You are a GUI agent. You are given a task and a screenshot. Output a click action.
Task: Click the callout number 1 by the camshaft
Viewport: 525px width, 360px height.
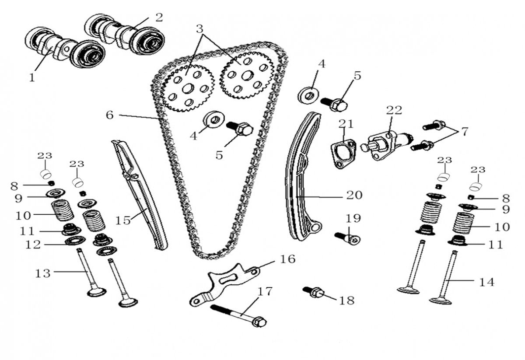(31, 77)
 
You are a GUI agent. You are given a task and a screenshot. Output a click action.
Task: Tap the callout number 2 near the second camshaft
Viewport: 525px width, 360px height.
(159, 17)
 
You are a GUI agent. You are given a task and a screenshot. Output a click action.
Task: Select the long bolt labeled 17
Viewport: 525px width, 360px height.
(238, 315)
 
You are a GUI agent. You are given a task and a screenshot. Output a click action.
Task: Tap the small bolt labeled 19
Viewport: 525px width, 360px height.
(348, 238)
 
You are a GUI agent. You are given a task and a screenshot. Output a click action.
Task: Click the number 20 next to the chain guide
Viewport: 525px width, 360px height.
(354, 195)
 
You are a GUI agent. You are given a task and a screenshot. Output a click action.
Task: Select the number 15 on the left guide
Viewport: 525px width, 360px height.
(123, 220)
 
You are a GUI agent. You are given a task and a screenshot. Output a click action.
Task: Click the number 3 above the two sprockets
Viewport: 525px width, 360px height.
(199, 30)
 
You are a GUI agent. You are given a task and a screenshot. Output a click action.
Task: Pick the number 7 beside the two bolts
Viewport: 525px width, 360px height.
(464, 131)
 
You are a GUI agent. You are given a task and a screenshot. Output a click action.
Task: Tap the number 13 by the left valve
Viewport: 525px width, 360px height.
(43, 273)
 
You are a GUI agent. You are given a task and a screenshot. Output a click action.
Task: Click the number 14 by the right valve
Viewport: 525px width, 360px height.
(486, 282)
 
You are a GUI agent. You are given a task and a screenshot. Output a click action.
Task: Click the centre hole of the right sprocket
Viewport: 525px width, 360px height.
(246, 75)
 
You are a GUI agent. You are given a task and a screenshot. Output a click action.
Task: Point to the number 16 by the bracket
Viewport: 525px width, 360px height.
(287, 259)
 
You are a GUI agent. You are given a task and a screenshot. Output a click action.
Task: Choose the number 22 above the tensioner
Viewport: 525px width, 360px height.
(394, 110)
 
